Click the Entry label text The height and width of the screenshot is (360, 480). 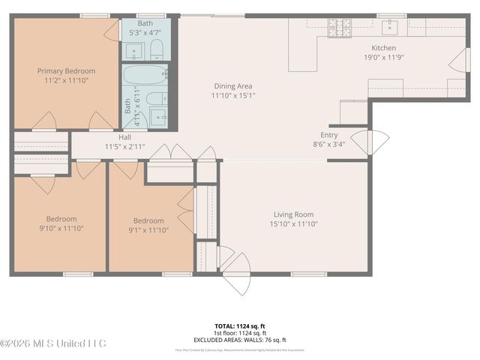click(x=329, y=135)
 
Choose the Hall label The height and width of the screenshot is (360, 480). click(x=124, y=137)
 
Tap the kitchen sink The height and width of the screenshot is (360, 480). click(x=391, y=28)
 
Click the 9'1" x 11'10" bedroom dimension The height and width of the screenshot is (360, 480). click(x=148, y=229)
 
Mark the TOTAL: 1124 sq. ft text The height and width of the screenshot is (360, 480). click(x=240, y=326)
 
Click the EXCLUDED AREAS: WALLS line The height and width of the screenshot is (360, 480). click(x=240, y=339)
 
